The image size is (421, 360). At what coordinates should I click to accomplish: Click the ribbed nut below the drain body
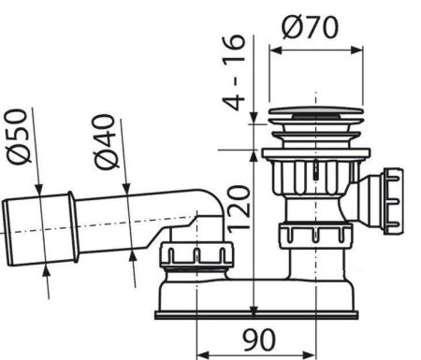pos(313,238)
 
